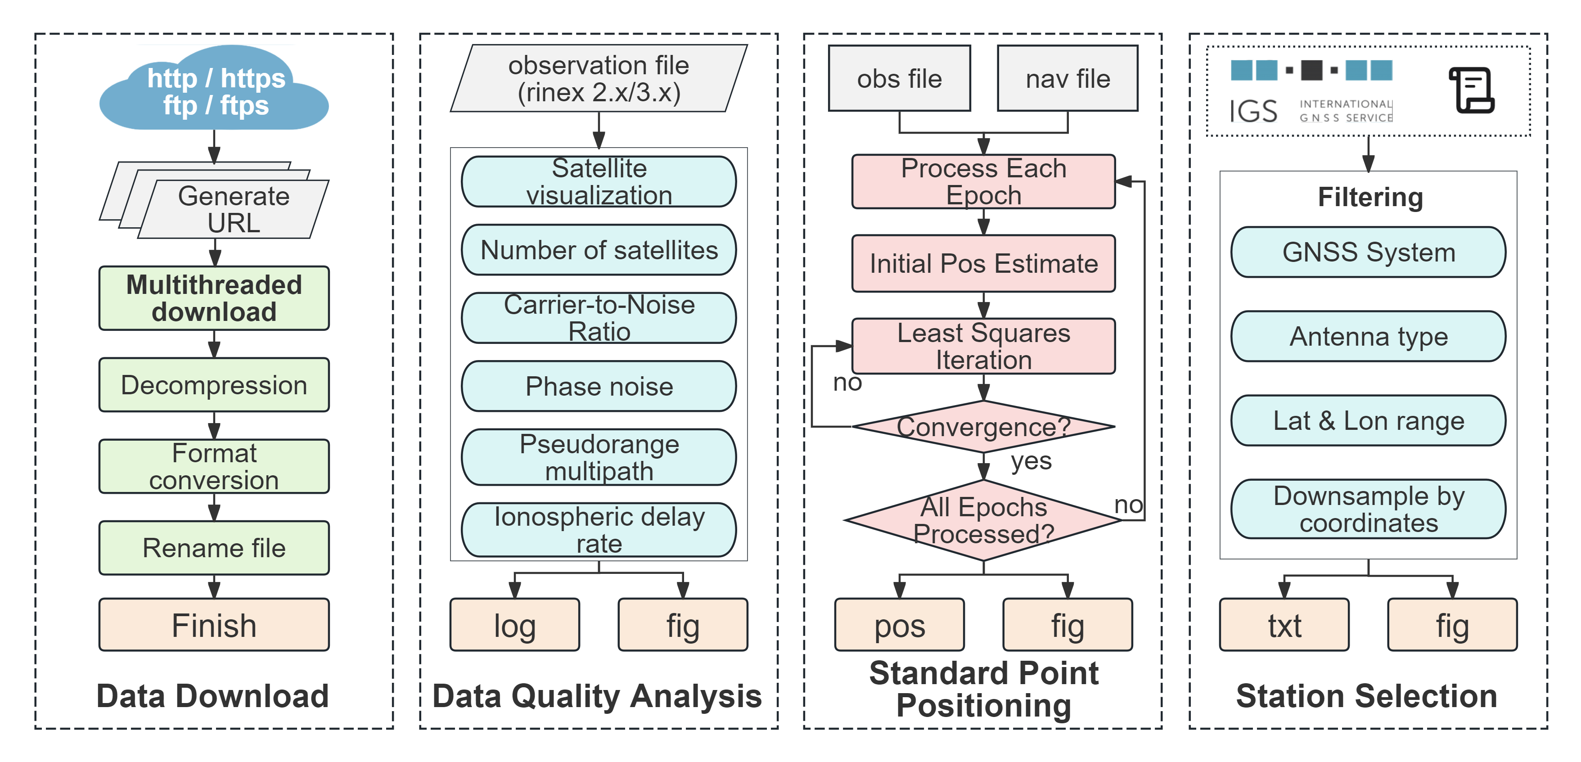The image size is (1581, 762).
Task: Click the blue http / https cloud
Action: pyautogui.click(x=214, y=89)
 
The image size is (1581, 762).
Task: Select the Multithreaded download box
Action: pyautogui.click(x=214, y=298)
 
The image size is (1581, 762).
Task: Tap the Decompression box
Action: pyautogui.click(x=214, y=385)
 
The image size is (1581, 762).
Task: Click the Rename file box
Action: pyautogui.click(x=214, y=548)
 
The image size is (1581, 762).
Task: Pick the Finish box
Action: pyautogui.click(x=214, y=625)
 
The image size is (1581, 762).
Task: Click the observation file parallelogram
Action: pyautogui.click(x=599, y=79)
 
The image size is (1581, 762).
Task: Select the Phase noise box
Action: pyautogui.click(x=599, y=386)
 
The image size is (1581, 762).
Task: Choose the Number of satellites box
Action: pyautogui.click(x=599, y=250)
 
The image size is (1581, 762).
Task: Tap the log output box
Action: pyautogui.click(x=515, y=625)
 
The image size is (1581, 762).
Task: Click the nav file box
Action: pyautogui.click(x=1068, y=79)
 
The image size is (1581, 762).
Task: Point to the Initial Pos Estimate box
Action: pyautogui.click(x=984, y=263)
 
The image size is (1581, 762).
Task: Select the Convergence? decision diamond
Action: pyautogui.click(x=984, y=427)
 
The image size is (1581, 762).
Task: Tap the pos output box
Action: pyautogui.click(x=900, y=625)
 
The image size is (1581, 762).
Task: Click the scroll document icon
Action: pyautogui.click(x=1472, y=90)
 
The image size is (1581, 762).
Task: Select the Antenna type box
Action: pyautogui.click(x=1369, y=337)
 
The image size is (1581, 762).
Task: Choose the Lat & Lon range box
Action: pyautogui.click(x=1369, y=420)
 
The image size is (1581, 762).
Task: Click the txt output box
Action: pyautogui.click(x=1284, y=625)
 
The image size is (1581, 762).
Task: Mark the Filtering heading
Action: pyautogui.click(x=1370, y=198)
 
